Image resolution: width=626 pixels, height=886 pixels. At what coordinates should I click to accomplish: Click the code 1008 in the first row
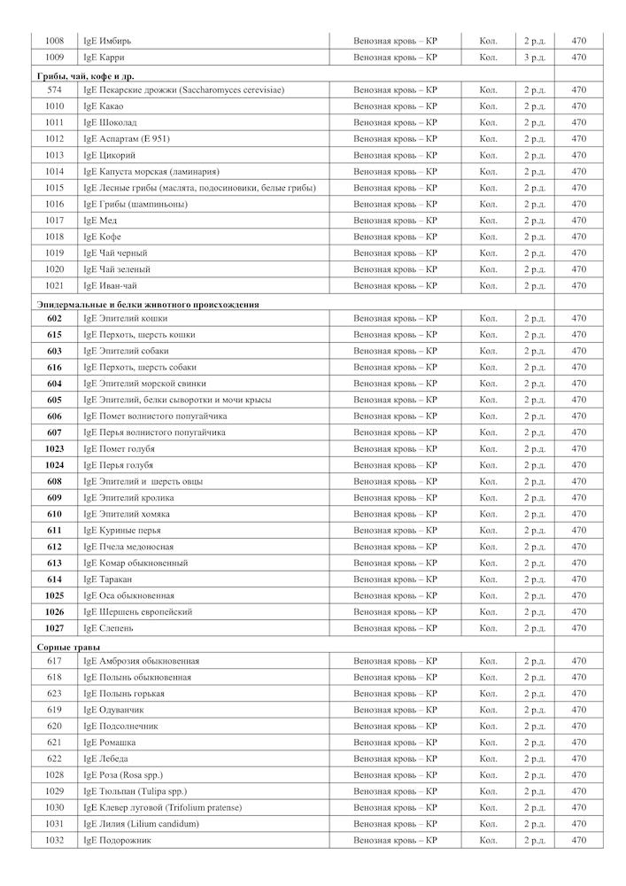[54, 41]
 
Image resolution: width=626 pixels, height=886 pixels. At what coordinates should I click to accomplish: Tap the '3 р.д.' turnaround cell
[534, 58]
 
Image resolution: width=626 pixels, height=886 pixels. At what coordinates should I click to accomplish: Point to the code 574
[54, 89]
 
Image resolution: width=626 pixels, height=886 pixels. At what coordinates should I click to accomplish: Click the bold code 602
[54, 318]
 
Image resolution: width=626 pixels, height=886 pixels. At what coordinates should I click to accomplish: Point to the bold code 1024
[54, 465]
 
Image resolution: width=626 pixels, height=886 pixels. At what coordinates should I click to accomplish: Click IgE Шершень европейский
[137, 612]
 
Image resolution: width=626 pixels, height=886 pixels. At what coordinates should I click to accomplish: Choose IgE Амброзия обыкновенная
[141, 661]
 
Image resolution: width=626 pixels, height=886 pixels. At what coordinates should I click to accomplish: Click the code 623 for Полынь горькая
[54, 694]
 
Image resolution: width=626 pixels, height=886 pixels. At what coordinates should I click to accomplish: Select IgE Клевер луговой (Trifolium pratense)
[162, 808]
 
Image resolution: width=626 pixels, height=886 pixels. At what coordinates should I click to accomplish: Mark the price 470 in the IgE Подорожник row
[579, 840]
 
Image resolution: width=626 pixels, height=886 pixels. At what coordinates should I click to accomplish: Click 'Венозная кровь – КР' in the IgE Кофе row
[395, 237]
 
